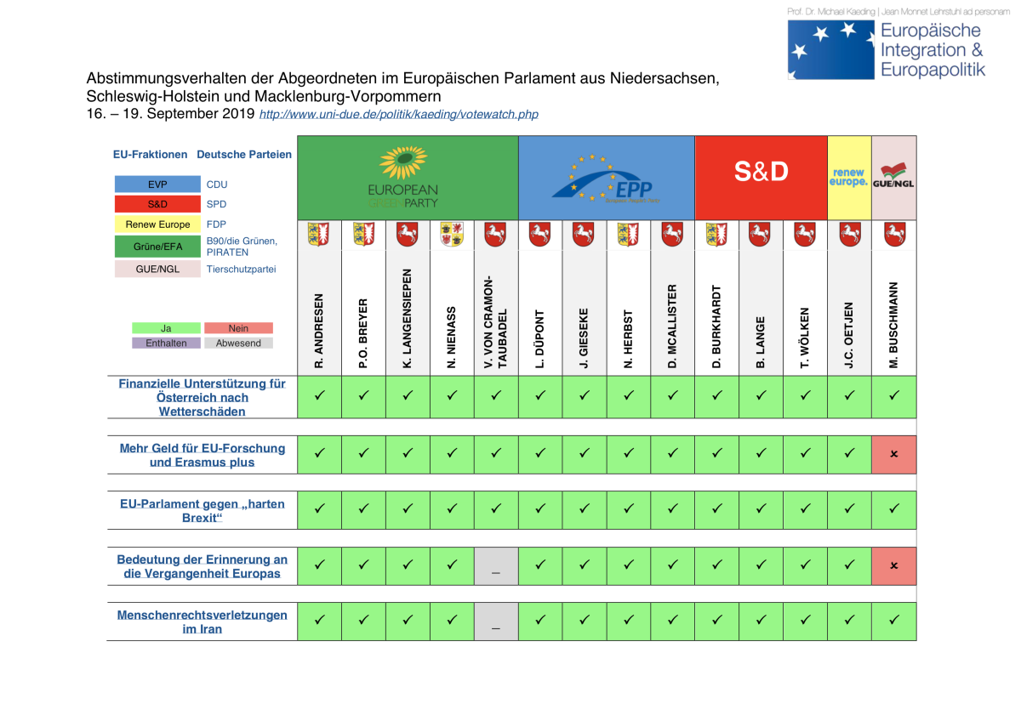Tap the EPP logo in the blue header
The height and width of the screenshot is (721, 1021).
click(x=607, y=179)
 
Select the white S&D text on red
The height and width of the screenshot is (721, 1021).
click(x=761, y=172)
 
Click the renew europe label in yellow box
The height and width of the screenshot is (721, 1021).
click(x=849, y=178)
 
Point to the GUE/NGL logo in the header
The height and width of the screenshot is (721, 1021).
click(x=893, y=178)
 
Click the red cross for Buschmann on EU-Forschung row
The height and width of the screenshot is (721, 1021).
click(x=893, y=454)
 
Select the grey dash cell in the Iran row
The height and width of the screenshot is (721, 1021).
click(x=496, y=622)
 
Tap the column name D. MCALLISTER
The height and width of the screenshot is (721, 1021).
click(x=672, y=326)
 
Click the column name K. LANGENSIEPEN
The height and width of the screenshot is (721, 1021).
click(x=408, y=319)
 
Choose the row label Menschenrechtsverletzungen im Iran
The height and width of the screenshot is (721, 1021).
click(x=202, y=622)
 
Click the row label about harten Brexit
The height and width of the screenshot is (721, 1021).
click(x=202, y=510)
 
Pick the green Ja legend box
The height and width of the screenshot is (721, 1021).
click(x=166, y=328)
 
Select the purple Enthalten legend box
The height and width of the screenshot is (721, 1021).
click(x=166, y=343)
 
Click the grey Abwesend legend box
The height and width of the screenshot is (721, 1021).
click(x=238, y=343)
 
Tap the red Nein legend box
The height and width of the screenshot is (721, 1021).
click(x=238, y=328)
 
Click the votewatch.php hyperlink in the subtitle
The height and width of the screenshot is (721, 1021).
click(x=398, y=114)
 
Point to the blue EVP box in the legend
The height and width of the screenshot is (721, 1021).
click(x=157, y=184)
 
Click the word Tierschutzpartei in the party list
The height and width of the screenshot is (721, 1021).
click(x=241, y=269)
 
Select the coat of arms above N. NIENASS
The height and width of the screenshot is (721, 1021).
click(x=452, y=234)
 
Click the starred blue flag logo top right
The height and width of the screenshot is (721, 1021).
click(x=830, y=49)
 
